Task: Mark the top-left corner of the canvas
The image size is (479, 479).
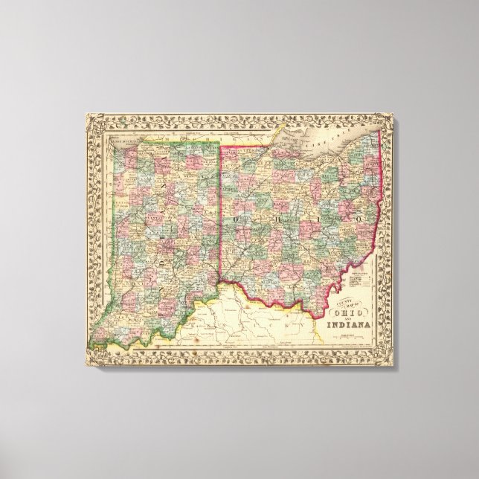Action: coord(84,112)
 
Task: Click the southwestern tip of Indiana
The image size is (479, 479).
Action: coord(95,343)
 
